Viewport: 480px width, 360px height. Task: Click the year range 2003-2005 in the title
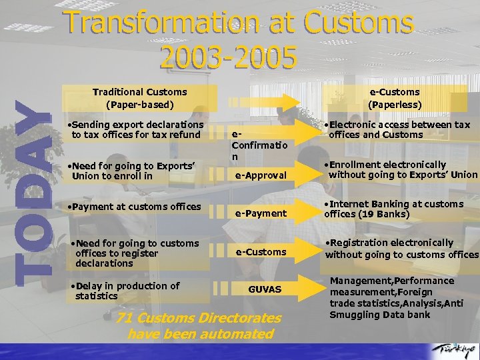click(229, 58)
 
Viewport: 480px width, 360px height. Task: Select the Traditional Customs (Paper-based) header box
click(139, 98)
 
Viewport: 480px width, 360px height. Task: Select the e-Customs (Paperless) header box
click(395, 98)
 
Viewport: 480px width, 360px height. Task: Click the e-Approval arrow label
click(260, 175)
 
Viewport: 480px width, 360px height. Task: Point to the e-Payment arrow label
click(260, 213)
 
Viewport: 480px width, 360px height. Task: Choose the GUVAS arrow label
click(265, 289)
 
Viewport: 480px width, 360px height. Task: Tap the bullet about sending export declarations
click(137, 129)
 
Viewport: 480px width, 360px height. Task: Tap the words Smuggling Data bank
click(380, 315)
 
